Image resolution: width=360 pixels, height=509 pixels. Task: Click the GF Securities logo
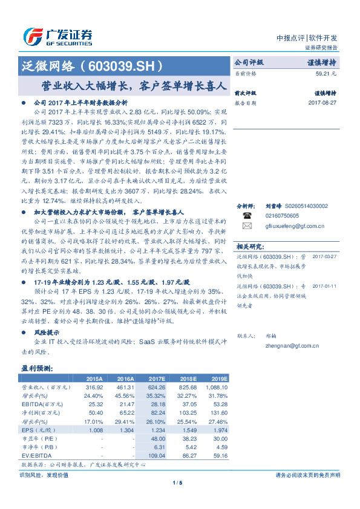coord(58,36)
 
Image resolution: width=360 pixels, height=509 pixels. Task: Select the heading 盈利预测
coord(38,368)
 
